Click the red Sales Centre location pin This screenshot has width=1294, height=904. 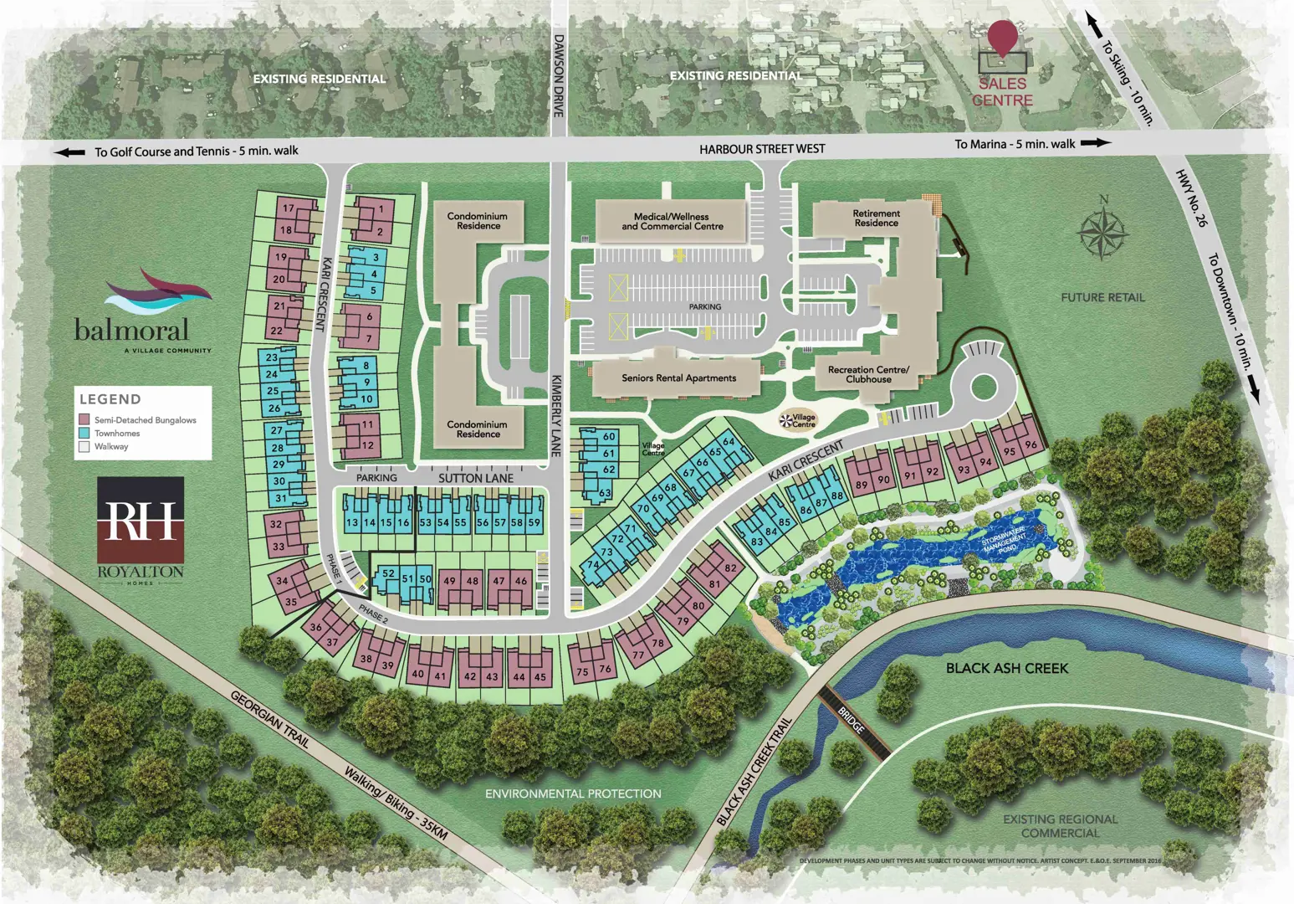coord(1002,38)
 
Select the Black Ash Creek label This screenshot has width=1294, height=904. coord(1006,668)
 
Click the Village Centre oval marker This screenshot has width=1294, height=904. coord(797,420)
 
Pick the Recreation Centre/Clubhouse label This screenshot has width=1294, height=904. coord(868,374)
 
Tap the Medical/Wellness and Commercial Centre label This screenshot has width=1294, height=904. coord(672,222)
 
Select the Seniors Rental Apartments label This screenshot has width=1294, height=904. coord(678,378)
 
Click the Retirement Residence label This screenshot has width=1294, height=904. coord(876,218)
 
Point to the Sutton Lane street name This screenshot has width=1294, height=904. coord(476,478)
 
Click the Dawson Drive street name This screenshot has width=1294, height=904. coord(559,75)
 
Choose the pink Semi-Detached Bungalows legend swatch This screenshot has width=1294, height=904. coord(84,419)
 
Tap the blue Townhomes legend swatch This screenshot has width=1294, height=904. coord(84,433)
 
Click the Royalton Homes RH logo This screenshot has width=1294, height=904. coord(141,521)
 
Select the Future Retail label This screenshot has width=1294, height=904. coord(1102,297)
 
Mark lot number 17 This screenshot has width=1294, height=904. coord(289,208)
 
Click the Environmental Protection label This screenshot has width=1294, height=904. coord(573,794)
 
